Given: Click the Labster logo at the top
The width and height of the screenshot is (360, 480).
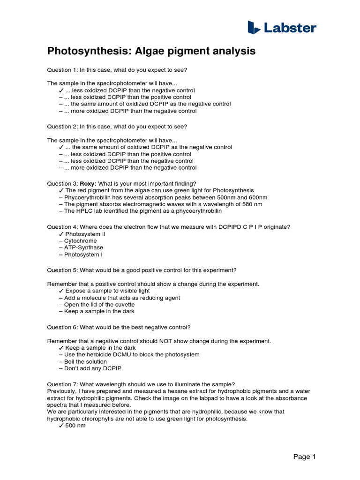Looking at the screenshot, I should pos(282,28).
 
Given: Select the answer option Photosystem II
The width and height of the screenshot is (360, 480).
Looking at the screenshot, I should pos(85,234).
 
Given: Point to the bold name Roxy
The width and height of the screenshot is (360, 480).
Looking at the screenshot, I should pos(88,184).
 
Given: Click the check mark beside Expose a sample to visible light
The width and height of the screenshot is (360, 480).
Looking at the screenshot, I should pos(61,291).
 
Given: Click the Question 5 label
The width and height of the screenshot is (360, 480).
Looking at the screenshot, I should pos(62,270).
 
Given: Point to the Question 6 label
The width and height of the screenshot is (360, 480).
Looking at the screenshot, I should pos(62,327).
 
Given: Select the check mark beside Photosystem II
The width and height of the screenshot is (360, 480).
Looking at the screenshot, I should pos(61,234).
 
